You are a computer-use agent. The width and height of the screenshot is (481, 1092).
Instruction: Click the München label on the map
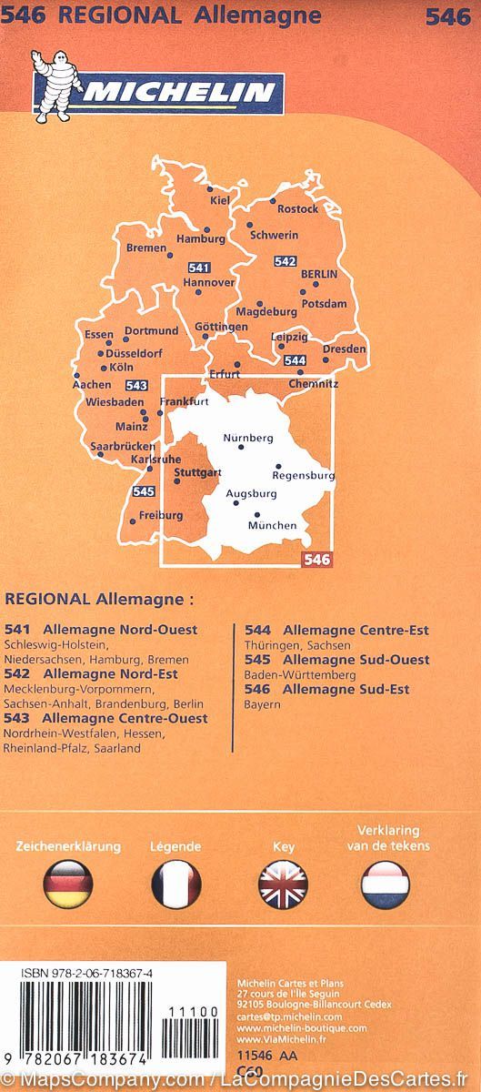tap(272, 526)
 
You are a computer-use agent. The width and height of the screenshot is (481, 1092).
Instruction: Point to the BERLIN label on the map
tap(318, 274)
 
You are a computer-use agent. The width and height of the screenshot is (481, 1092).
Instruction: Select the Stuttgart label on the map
tap(197, 473)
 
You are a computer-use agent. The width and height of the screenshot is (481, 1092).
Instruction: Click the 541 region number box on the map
tap(198, 268)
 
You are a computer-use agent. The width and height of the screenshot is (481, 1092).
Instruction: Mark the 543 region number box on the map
tap(136, 386)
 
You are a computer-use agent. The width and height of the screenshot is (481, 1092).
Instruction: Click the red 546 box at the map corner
tap(317, 560)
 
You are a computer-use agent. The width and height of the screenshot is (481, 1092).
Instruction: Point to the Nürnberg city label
tap(248, 438)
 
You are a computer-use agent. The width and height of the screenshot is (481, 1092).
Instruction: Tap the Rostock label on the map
tap(297, 209)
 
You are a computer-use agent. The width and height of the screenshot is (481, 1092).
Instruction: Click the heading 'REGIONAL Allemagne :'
tap(99, 601)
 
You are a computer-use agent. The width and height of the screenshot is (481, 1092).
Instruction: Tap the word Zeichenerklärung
tap(67, 846)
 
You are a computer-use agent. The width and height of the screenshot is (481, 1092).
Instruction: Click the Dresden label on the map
tap(345, 349)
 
